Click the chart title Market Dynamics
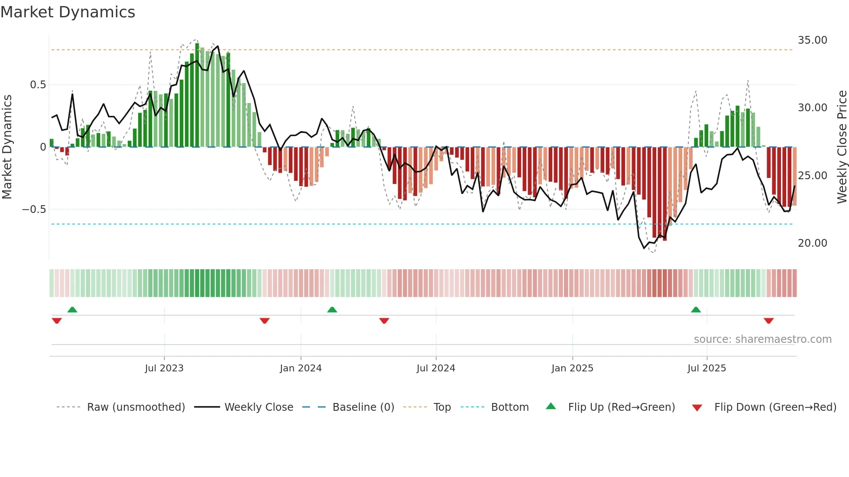coord(68,12)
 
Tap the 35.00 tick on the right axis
coord(812,40)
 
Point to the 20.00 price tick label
coord(812,243)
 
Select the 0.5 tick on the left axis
coord(38,85)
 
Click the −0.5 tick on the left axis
coord(34,209)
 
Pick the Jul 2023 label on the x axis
coord(164,368)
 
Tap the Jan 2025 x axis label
coord(572,368)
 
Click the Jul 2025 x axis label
coord(706,368)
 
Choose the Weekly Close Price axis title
coord(842,147)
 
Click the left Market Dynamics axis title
coord(7,147)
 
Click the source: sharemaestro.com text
coord(762,339)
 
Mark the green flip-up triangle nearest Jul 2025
coord(696,310)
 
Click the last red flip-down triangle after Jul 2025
coord(768,321)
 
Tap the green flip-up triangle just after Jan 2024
coord(332,310)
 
